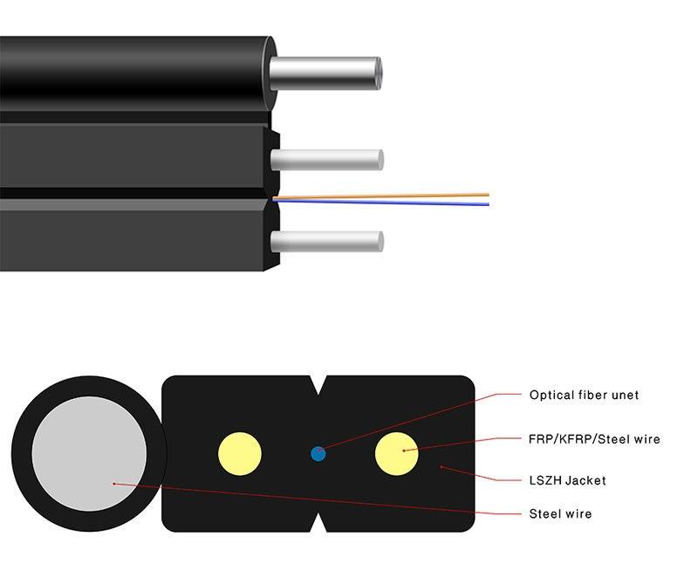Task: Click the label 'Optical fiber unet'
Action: click(584, 395)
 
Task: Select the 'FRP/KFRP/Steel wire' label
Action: click(594, 438)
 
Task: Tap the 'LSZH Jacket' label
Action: click(567, 479)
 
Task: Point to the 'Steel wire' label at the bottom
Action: click(560, 513)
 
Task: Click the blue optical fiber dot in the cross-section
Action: click(318, 453)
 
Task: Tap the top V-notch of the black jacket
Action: click(318, 384)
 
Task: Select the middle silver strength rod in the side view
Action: click(327, 159)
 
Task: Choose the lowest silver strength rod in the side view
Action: click(327, 241)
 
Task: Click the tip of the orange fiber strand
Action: click(488, 194)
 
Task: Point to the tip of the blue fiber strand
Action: click(488, 204)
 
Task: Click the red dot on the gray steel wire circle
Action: click(114, 483)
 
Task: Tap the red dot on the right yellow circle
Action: click(404, 450)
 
